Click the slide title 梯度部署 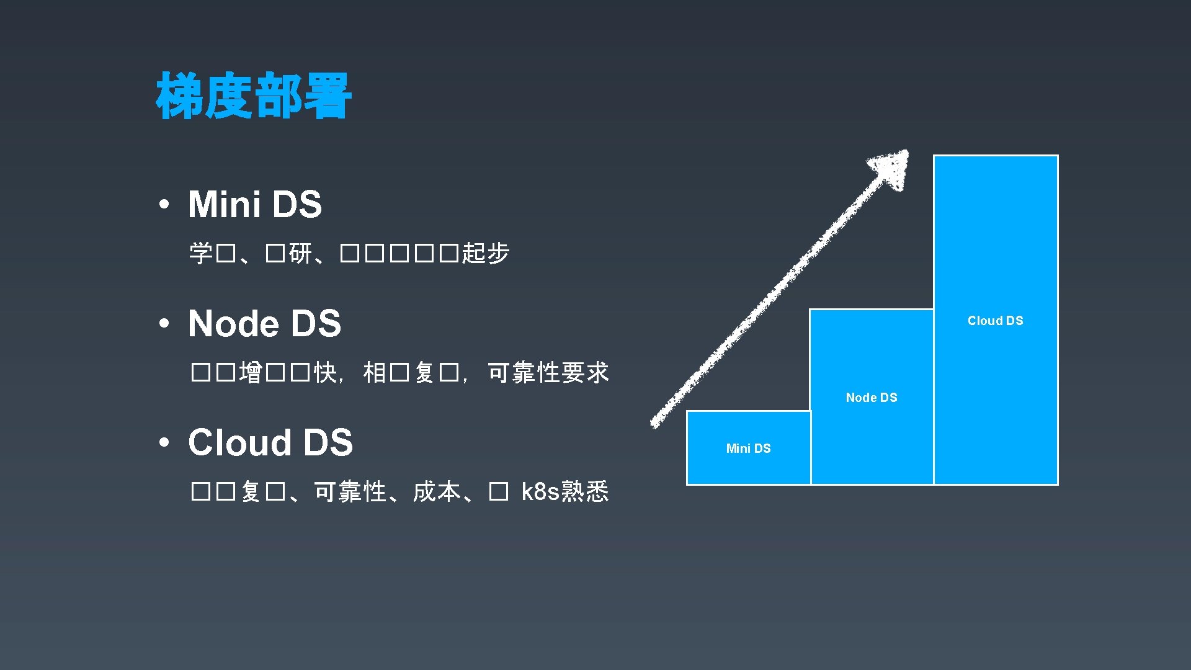[254, 96]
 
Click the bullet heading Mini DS [255, 204]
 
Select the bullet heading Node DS [264, 323]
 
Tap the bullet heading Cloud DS [270, 442]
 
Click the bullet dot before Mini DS [164, 205]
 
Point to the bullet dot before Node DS [164, 324]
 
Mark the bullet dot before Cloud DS [164, 443]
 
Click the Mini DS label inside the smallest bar [748, 449]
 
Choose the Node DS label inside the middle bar [872, 398]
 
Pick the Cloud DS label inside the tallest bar [995, 321]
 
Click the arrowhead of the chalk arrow [892, 167]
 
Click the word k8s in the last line [540, 491]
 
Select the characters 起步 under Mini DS [486, 253]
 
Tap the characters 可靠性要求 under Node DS [548, 373]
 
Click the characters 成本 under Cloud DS [437, 492]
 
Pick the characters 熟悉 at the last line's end [585, 491]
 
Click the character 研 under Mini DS [301, 253]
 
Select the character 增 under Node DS [251, 373]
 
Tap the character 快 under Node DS [325, 373]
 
